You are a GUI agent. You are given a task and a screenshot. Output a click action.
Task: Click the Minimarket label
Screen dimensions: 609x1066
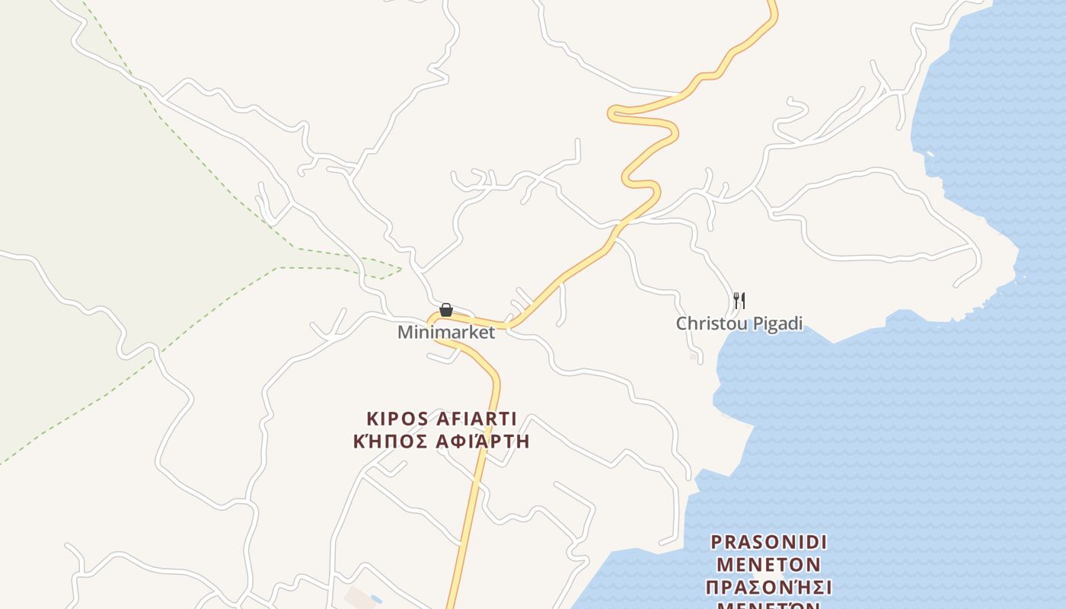pyautogui.click(x=446, y=333)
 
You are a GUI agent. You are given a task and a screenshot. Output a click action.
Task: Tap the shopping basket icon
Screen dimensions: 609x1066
pyautogui.click(x=446, y=310)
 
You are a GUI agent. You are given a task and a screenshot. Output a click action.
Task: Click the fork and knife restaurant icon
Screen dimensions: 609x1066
pyautogui.click(x=739, y=301)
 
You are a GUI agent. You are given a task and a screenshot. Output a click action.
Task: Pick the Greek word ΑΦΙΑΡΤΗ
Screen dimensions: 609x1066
pyautogui.click(x=484, y=442)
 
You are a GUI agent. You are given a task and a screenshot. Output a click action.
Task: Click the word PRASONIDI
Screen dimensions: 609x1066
pyautogui.click(x=768, y=543)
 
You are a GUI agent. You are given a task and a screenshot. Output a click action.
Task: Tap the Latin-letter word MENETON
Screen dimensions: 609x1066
pyautogui.click(x=768, y=566)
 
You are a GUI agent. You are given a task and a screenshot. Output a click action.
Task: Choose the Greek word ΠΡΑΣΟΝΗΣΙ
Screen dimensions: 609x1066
pyautogui.click(x=768, y=588)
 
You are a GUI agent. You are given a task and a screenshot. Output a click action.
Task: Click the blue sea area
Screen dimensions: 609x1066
pyautogui.click(x=952, y=419)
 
